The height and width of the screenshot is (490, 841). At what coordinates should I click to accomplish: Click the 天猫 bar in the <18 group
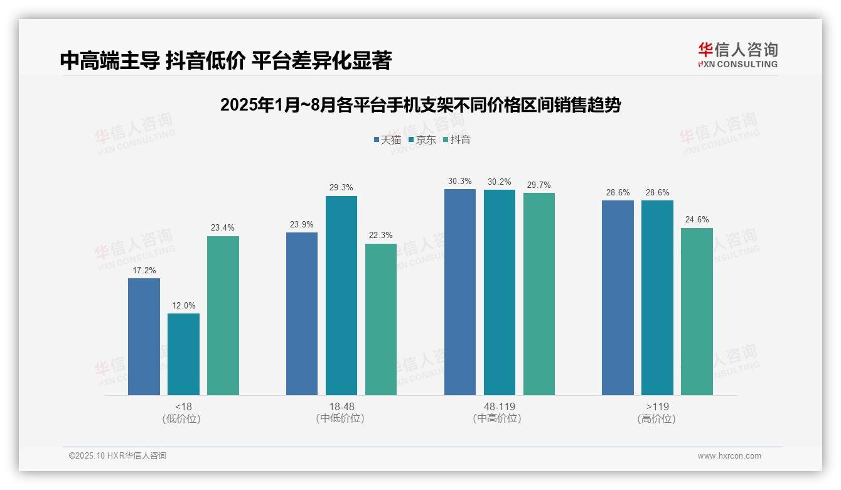[144, 337]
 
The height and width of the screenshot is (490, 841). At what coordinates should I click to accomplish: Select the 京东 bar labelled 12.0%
[183, 354]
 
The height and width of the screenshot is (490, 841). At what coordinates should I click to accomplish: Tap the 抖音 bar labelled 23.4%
[223, 315]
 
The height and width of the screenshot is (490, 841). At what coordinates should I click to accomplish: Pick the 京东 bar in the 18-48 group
[341, 295]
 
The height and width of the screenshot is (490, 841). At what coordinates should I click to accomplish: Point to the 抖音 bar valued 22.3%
[381, 319]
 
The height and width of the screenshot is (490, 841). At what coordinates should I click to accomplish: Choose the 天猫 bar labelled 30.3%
[460, 292]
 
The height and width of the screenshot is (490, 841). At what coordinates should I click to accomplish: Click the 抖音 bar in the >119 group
[697, 312]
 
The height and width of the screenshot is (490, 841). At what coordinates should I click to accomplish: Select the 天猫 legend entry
[387, 140]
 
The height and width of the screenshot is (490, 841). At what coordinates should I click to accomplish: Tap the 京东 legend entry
[422, 140]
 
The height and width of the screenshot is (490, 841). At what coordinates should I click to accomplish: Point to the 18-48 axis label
[341, 406]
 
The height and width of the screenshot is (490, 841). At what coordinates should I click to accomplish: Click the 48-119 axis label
[499, 406]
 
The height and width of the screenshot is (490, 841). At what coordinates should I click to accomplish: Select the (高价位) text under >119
[656, 418]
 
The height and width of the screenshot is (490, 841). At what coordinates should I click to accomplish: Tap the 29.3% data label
[341, 187]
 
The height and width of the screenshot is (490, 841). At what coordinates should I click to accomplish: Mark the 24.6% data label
[697, 219]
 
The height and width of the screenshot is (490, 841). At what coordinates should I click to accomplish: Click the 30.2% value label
[499, 182]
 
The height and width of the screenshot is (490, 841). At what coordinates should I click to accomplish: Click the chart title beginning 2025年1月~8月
[420, 106]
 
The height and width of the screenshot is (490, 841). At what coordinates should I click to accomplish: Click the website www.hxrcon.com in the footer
[729, 456]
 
